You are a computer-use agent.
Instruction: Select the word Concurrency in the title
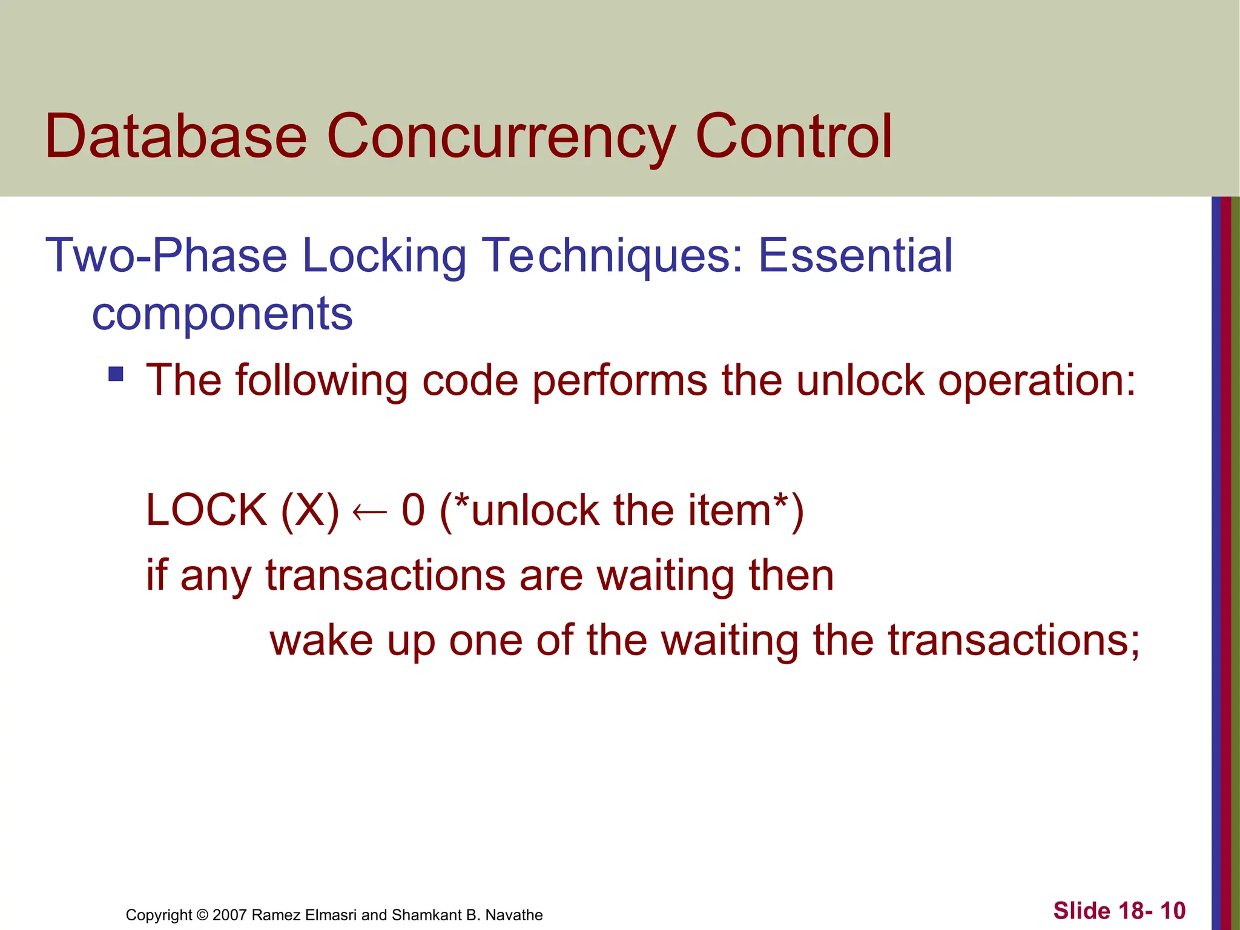500,138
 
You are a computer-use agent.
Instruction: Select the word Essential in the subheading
855,256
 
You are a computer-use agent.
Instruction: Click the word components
222,315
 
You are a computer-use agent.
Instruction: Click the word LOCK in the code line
206,510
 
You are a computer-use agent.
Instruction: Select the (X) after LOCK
309,511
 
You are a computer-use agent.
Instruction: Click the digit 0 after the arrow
413,510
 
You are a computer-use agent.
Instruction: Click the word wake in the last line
321,641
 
